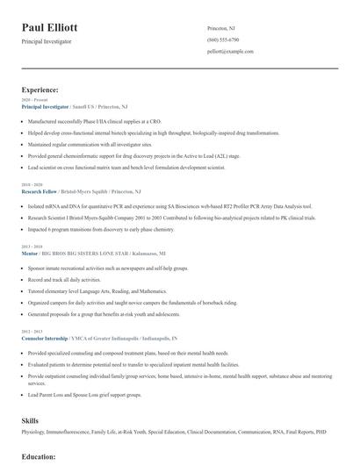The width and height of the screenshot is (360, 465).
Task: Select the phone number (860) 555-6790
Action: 223,40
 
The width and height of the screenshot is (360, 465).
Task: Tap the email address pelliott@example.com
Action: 230,52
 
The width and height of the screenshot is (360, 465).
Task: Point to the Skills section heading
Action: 31,420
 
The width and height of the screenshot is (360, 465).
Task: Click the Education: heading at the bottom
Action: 39,457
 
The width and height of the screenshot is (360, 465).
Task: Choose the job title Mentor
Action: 29,253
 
